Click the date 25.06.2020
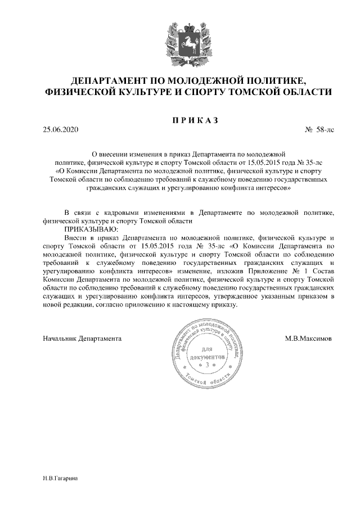(x=60, y=130)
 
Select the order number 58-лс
(x=325, y=130)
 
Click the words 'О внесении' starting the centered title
(x=110, y=153)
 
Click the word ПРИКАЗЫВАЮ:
(x=91, y=229)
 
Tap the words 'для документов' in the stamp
(x=208, y=354)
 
